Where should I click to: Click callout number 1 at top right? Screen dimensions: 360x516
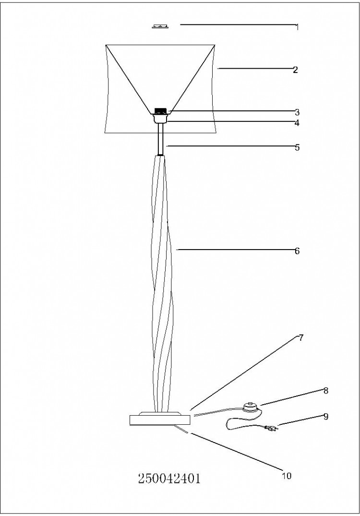point(297,27)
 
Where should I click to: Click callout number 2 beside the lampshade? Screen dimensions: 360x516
point(296,70)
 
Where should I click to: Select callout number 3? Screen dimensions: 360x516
point(297,112)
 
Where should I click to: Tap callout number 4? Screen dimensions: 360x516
point(297,123)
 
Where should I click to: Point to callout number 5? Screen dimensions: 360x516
point(297,147)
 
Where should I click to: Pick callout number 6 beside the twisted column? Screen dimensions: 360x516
point(297,251)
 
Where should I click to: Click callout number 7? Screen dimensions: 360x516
point(301,337)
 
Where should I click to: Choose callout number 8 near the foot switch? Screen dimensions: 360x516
point(326,391)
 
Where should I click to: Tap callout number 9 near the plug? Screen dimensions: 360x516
point(326,417)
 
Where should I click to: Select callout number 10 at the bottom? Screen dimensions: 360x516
point(287,476)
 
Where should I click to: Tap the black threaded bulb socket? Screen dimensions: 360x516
point(160,111)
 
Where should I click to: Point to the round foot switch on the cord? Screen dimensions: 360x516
point(251,408)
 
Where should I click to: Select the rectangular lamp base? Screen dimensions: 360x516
point(160,420)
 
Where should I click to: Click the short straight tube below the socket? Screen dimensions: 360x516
point(161,139)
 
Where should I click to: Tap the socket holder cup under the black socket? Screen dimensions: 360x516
point(160,118)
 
